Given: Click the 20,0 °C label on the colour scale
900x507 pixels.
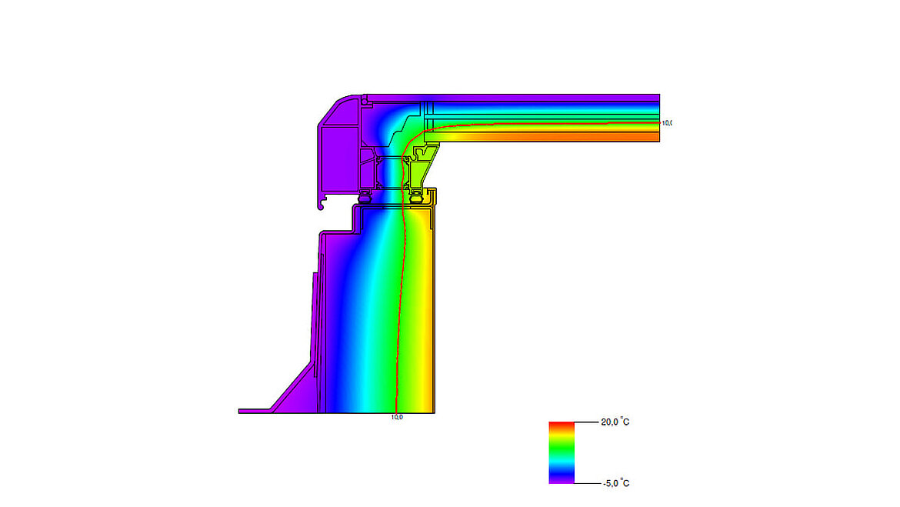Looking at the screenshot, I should coord(615,422).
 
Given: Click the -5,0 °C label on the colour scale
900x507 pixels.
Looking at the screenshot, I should coord(615,483).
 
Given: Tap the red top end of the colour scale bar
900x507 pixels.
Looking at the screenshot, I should coord(561,425).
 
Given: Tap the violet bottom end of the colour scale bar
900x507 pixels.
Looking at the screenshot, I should coord(561,479).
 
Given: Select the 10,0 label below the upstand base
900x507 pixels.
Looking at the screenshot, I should coord(397,417).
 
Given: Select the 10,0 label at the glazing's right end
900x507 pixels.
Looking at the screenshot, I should coord(666,123).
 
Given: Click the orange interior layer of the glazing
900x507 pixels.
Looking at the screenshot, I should coord(554,137).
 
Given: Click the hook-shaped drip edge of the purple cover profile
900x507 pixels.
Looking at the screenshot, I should coord(321,205).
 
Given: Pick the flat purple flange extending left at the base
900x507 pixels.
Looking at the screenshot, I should coord(254,412).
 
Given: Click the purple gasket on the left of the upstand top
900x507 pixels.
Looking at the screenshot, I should coord(365,197).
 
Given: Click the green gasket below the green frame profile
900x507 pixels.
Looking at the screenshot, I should coord(418,198).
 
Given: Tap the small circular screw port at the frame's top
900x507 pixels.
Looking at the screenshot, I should coord(368,99).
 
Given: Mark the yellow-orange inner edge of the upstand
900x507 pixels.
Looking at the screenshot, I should coord(432,308).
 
